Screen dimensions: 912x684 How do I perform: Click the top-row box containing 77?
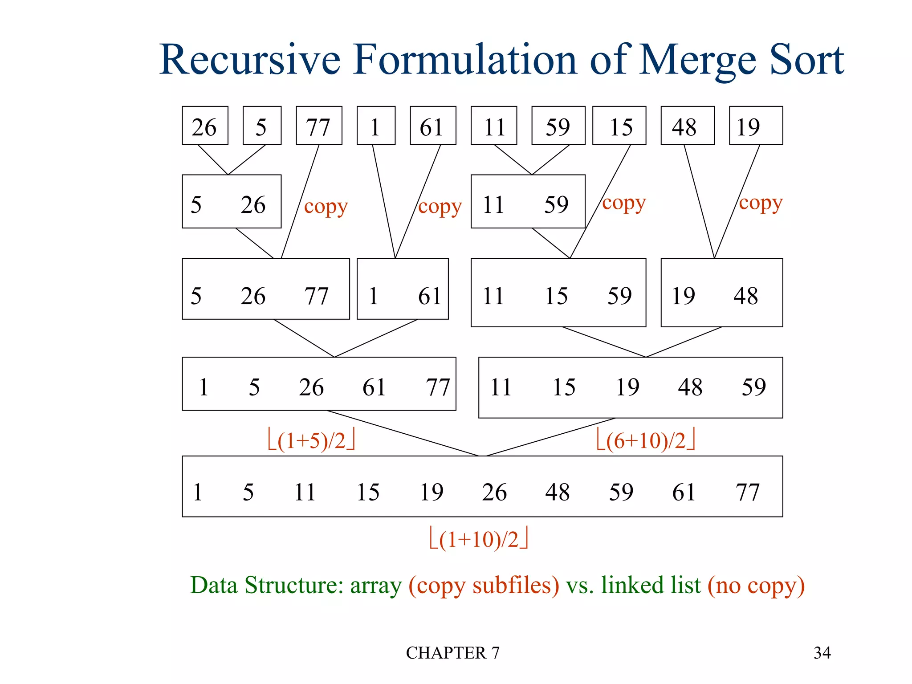pyautogui.click(x=319, y=126)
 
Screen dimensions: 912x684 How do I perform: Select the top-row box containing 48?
pyautogui.click(x=687, y=126)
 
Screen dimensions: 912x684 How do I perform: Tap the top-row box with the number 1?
pyautogui.click(x=376, y=126)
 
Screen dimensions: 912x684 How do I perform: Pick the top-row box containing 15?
pyautogui.click(x=619, y=126)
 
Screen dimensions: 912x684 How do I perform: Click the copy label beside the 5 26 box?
pyautogui.click(x=326, y=207)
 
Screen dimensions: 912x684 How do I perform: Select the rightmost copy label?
pyautogui.click(x=761, y=203)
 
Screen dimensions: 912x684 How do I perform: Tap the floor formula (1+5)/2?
pyautogui.click(x=311, y=440)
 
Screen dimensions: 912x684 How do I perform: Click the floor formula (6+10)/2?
pyautogui.click(x=646, y=440)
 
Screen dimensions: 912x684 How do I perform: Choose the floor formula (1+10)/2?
pyautogui.click(x=479, y=539)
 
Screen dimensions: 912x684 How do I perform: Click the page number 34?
pyautogui.click(x=822, y=653)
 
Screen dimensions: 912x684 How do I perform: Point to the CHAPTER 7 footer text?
pyautogui.click(x=452, y=653)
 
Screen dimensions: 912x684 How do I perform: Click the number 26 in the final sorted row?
pyautogui.click(x=494, y=492)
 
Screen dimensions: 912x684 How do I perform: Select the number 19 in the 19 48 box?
pyautogui.click(x=683, y=296)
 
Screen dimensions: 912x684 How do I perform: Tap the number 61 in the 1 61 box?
pyautogui.click(x=430, y=296)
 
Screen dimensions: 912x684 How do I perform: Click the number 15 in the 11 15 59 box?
pyautogui.click(x=556, y=296)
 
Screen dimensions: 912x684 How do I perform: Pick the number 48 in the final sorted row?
pyautogui.click(x=558, y=492)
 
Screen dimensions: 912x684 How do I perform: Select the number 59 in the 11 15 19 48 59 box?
pyautogui.click(x=753, y=387)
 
